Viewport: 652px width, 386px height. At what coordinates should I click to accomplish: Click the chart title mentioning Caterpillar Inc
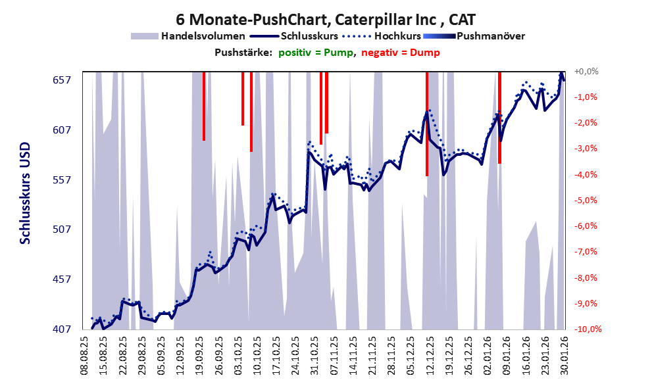326,19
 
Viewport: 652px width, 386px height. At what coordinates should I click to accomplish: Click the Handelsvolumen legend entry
203,36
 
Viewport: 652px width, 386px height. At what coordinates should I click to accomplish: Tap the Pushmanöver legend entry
490,36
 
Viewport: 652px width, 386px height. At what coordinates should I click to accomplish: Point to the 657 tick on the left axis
61,80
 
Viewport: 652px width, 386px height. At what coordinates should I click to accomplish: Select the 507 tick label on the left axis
61,229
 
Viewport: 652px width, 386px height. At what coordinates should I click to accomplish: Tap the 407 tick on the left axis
61,329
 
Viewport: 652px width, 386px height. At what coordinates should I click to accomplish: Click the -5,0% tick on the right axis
586,200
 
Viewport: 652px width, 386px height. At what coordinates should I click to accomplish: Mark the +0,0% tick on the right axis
586,71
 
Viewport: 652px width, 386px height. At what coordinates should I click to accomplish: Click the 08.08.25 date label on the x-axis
85,355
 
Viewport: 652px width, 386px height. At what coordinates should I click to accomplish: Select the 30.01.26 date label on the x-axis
563,355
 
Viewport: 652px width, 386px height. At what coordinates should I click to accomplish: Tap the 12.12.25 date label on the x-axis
428,355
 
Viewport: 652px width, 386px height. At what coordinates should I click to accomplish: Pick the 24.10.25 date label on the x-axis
295,355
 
